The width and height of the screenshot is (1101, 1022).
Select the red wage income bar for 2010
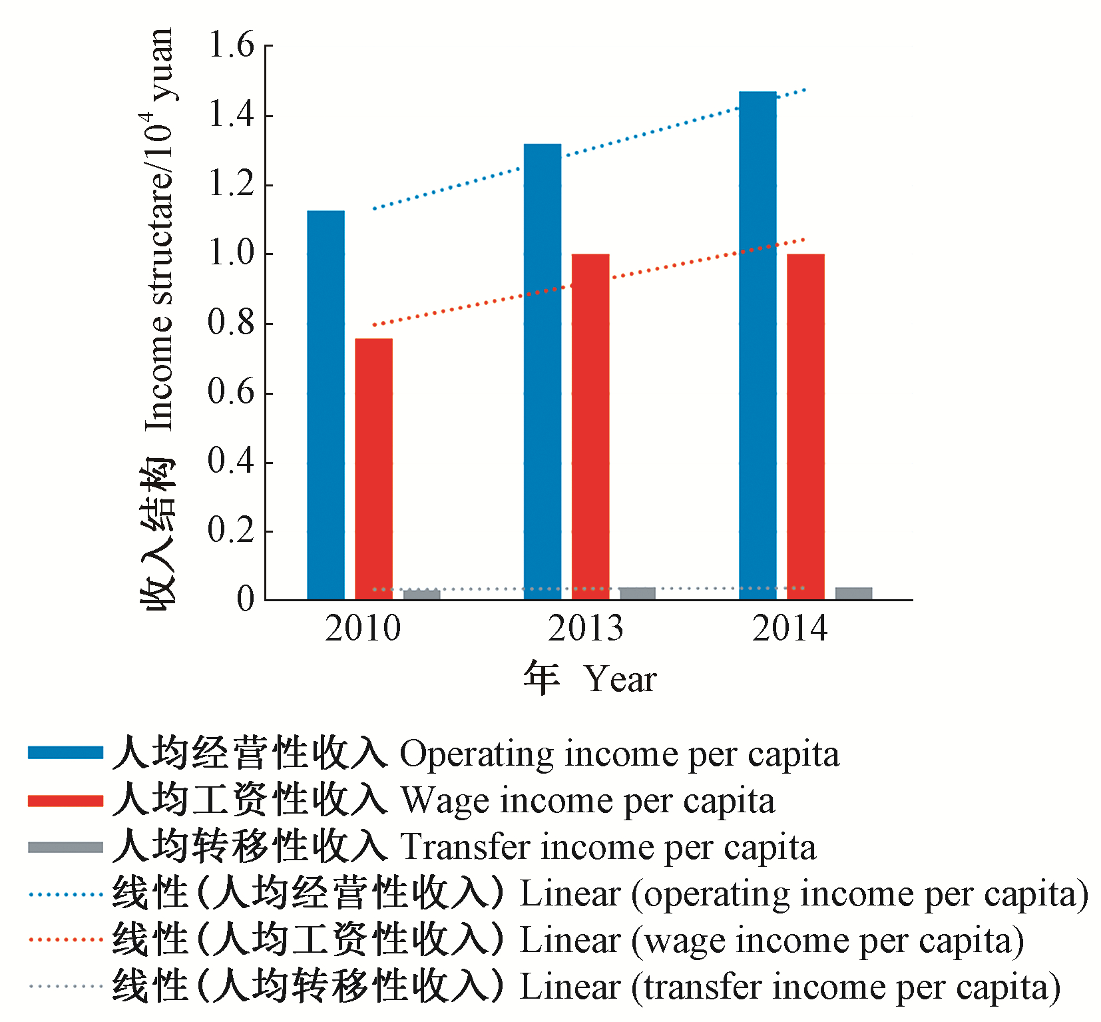point(373,469)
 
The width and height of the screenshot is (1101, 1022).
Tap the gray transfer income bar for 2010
point(421,595)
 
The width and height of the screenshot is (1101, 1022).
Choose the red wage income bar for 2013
point(590,427)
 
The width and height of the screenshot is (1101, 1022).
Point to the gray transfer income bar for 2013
point(637,593)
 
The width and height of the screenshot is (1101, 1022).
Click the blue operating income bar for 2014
point(758,346)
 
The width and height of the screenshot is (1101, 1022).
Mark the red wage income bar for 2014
point(805,427)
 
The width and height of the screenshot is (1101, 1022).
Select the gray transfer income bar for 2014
point(853,593)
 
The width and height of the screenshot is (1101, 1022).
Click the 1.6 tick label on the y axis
point(231,45)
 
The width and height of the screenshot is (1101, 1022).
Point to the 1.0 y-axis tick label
point(231,254)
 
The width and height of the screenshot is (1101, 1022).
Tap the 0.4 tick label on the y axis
point(231,461)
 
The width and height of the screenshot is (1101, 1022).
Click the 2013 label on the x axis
point(585,629)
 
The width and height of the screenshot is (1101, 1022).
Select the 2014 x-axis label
point(789,629)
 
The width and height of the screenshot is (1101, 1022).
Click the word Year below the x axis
point(620,680)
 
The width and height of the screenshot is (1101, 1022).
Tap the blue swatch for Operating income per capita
point(65,753)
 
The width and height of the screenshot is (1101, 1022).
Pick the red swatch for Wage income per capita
point(65,800)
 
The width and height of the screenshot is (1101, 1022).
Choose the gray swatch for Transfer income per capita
point(65,847)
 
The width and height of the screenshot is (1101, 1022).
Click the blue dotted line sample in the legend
point(65,894)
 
